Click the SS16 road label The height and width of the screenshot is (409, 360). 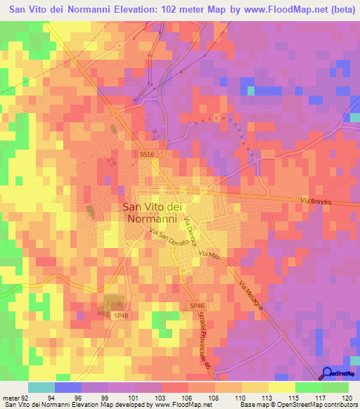146,153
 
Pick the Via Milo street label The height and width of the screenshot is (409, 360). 210,255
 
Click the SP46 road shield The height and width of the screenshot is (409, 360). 197,306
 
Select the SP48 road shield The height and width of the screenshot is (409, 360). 120,316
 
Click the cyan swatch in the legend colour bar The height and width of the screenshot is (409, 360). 41,387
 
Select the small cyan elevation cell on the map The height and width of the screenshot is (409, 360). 250,90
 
